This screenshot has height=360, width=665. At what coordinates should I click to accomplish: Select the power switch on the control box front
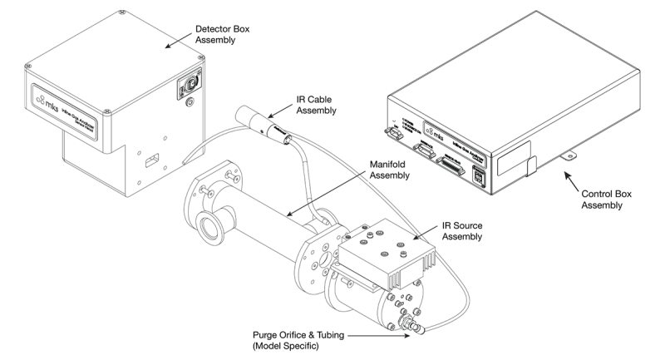click(x=392, y=131)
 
